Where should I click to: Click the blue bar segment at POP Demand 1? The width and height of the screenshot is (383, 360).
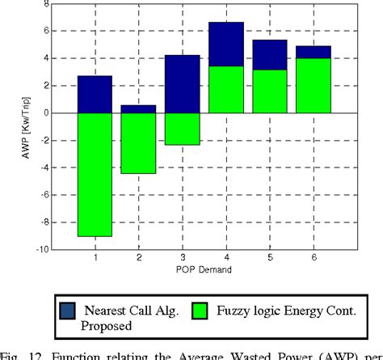point(94,94)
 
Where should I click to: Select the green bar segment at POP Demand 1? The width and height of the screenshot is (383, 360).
point(94,174)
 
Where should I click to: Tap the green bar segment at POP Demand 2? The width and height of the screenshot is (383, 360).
point(138,143)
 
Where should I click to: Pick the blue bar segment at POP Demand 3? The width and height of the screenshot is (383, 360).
point(182,83)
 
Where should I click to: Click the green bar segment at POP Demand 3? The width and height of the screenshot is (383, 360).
point(182,129)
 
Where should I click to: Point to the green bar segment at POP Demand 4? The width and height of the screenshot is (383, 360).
point(226,90)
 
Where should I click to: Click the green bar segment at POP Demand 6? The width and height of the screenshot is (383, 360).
point(314,85)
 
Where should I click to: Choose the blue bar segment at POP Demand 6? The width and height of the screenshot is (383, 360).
point(314,52)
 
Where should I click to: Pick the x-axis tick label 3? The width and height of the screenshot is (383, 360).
point(182,257)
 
